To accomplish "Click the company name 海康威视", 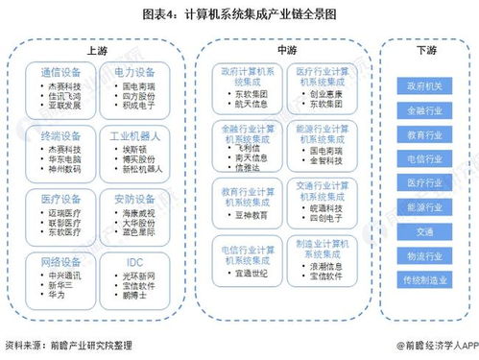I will [139, 210].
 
